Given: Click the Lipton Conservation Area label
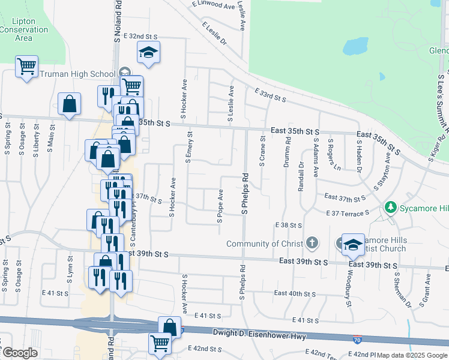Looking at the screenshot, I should click(x=23, y=29).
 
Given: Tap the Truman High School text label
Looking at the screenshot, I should click(x=77, y=74).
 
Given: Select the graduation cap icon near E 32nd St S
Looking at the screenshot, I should click(x=148, y=53).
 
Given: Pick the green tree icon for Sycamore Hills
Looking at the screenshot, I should click(x=391, y=208).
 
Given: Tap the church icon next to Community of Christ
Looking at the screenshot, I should click(x=311, y=243).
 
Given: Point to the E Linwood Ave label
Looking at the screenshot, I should click(x=214, y=5).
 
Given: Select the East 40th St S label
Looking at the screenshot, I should click(x=295, y=293).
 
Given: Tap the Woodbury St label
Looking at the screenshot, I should click(x=348, y=289).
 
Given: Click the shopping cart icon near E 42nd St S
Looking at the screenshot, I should click(x=160, y=343).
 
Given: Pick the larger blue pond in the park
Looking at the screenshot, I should click(x=357, y=45).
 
